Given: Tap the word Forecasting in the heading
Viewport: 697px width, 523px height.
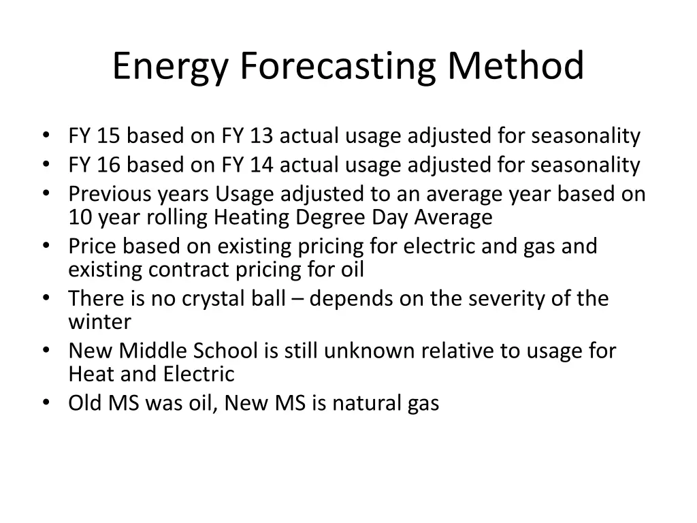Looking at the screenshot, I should point(337,67).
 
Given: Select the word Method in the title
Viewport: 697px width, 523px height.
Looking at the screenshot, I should point(515,67).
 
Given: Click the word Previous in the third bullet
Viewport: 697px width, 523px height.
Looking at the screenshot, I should point(110,194).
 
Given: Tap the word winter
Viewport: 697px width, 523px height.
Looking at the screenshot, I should point(99,321).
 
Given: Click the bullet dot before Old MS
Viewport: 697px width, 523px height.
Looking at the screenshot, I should point(46,403).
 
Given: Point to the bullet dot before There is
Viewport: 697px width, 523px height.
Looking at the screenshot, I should point(46,298).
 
